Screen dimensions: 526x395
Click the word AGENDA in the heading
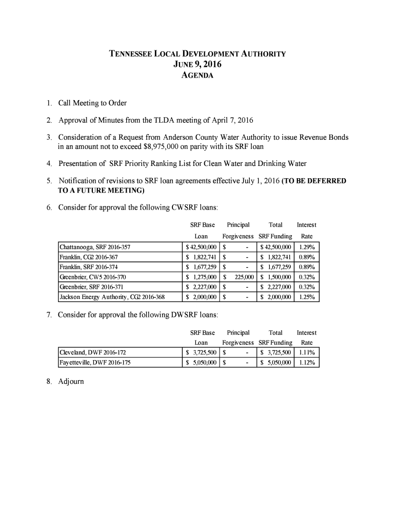(x=197, y=76)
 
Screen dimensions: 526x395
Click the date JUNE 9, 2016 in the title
(x=197, y=64)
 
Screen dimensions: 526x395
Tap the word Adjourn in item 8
(x=71, y=382)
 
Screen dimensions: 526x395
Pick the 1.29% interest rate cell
(x=307, y=247)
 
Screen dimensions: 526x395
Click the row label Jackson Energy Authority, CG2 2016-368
(x=112, y=297)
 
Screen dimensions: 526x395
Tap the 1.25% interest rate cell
(x=307, y=297)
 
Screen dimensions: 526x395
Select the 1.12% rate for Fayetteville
(x=307, y=363)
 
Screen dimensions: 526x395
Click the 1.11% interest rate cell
(x=307, y=352)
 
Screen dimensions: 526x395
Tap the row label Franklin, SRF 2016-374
(x=89, y=267)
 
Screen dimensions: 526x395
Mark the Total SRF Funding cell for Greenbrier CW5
(x=276, y=277)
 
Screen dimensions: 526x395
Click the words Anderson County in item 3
(x=189, y=138)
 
